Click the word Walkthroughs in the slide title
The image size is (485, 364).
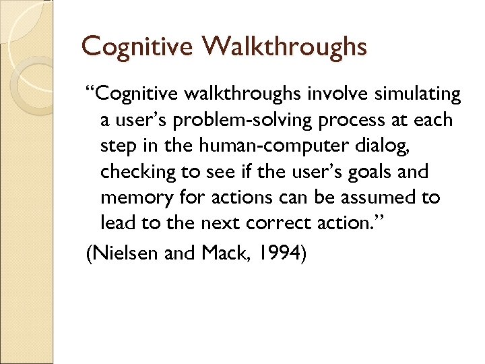tap(284, 47)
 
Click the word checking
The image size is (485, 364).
tap(135, 172)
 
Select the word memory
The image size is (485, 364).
tap(135, 198)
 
